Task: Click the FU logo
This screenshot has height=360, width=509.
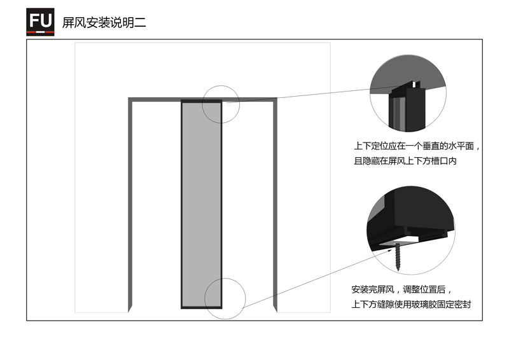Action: click(x=40, y=22)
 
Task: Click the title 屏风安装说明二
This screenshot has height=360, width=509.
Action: click(x=104, y=23)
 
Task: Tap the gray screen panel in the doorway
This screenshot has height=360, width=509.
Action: click(x=202, y=205)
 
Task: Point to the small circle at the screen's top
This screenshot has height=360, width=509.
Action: click(x=221, y=86)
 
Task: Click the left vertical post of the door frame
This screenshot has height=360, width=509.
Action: click(x=130, y=205)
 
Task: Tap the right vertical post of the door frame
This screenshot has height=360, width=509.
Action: click(x=275, y=205)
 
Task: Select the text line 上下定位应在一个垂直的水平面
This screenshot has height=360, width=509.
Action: click(x=414, y=146)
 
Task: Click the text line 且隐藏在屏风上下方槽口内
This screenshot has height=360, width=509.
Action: click(x=405, y=161)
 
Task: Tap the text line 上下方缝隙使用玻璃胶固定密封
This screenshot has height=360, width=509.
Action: click(x=411, y=305)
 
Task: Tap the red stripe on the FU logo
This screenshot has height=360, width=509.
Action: click(x=40, y=32)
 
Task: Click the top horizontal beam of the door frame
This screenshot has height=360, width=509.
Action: click(x=202, y=99)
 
